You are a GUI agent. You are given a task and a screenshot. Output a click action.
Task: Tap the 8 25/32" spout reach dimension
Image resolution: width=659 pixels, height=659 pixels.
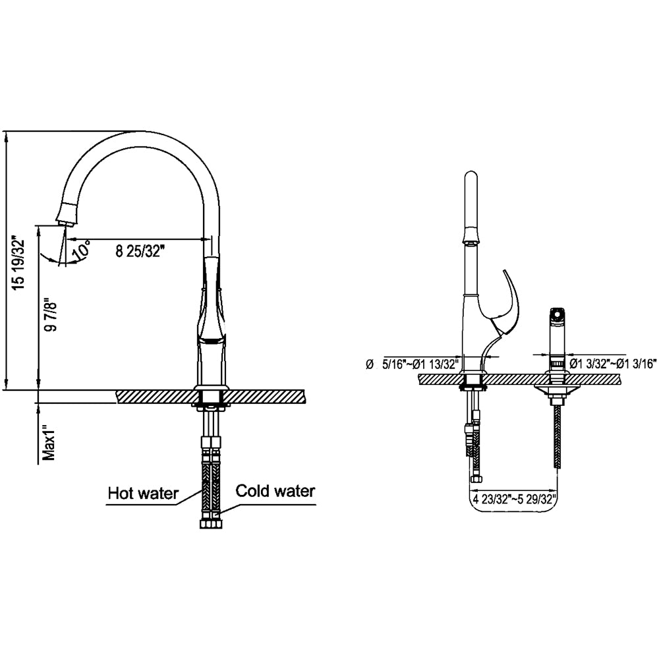pos(139,251)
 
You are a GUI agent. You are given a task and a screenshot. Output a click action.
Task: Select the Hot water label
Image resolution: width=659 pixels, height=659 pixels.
pos(143,494)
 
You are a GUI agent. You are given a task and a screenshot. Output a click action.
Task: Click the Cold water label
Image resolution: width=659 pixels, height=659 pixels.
pos(275,491)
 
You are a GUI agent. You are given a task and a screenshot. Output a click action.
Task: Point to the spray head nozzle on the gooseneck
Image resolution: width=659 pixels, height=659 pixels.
pos(67,212)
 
